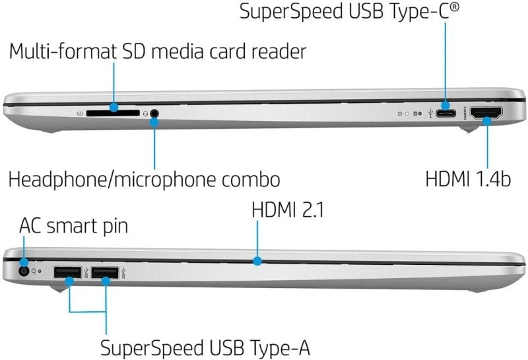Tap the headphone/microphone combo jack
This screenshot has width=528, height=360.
154,113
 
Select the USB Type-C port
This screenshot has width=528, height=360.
447,112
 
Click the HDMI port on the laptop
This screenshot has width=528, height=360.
486,112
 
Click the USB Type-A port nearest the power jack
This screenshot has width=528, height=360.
67,271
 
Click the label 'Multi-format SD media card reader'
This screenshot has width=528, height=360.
158,51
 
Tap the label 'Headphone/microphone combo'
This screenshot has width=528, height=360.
145,178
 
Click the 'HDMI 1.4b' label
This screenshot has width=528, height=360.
467,178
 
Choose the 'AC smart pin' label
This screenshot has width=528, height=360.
73,227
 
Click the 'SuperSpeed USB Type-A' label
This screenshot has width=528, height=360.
205,347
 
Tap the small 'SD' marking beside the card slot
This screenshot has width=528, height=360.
80,113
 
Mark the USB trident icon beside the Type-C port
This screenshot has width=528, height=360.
432,113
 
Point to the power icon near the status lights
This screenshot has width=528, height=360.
400,114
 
